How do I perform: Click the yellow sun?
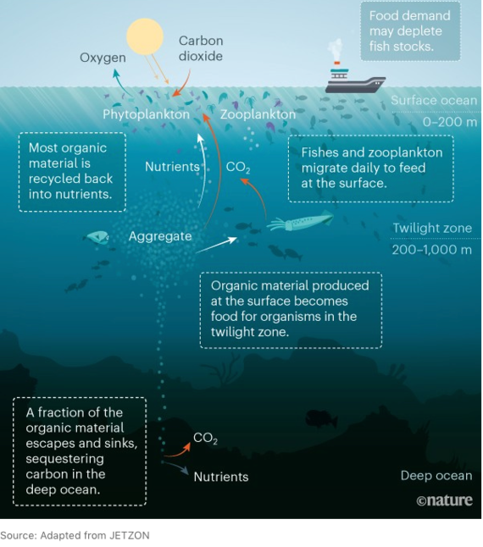[x=145, y=36]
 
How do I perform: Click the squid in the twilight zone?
[x=300, y=221]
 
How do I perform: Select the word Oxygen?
[x=103, y=58]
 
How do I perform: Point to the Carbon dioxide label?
[x=201, y=48]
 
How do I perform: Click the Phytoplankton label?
[x=146, y=114]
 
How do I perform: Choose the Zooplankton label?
[x=258, y=114]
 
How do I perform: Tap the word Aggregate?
[x=160, y=236]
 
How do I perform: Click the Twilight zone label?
[x=432, y=228]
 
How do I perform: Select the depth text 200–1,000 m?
[x=431, y=250]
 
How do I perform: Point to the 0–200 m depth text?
[x=450, y=122]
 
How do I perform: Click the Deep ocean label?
[x=436, y=476]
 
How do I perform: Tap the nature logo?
[x=444, y=500]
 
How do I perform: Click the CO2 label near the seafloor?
[x=205, y=438]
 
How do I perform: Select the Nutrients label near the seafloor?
[x=221, y=477]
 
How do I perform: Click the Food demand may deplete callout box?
[x=410, y=31]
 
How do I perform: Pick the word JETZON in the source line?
[x=130, y=535]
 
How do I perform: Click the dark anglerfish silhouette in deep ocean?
[x=321, y=418]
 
